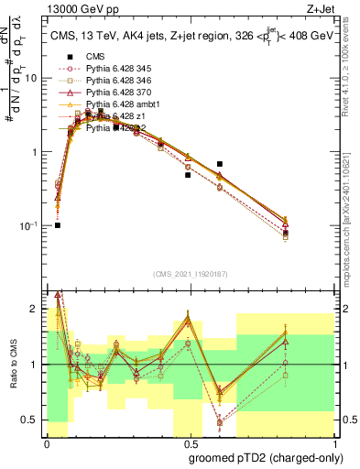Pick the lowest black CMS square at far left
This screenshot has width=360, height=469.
57,225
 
